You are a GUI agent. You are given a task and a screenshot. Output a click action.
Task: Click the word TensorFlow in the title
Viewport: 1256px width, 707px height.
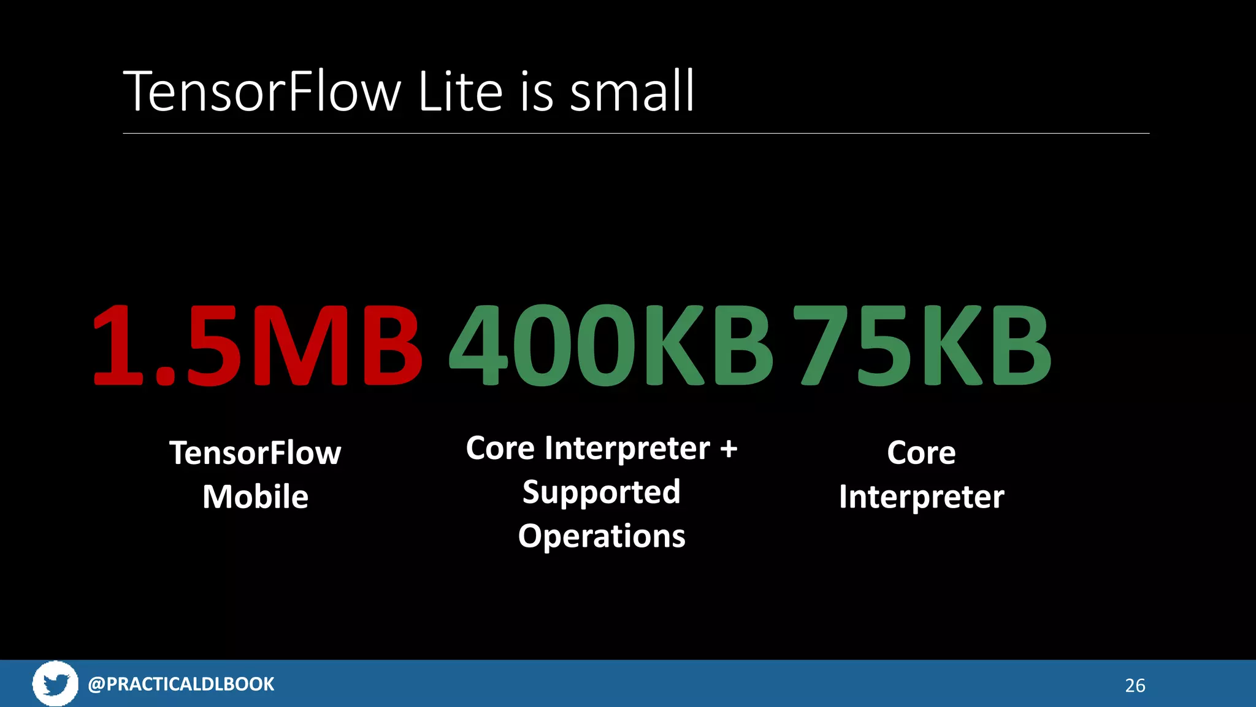[x=262, y=92]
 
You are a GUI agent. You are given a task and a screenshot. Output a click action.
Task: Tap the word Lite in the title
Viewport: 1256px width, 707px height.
[x=460, y=92]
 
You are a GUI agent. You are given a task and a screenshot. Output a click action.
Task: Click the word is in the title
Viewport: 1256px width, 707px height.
[x=537, y=92]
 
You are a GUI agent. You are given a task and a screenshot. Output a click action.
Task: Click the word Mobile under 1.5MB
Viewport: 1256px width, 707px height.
[x=255, y=496]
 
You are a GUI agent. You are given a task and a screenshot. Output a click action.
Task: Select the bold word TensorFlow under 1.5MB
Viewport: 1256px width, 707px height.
[x=255, y=453]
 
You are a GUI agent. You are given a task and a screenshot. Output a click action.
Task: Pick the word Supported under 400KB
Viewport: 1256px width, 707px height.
[x=601, y=492]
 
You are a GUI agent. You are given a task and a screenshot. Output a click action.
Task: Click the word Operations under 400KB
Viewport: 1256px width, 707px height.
[x=601, y=536]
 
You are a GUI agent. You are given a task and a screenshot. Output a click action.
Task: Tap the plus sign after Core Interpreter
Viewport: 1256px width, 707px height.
[x=729, y=449]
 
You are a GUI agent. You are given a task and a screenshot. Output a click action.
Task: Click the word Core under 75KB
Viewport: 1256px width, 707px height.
[x=921, y=453]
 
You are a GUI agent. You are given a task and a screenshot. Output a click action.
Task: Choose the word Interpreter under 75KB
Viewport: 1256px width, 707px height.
[x=921, y=496]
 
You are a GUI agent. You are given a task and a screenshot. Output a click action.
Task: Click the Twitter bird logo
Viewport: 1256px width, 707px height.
[x=55, y=683]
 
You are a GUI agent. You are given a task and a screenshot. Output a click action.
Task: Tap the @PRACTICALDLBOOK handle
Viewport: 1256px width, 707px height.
[x=181, y=684]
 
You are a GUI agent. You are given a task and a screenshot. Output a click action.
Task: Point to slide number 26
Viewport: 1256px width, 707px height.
[x=1135, y=686]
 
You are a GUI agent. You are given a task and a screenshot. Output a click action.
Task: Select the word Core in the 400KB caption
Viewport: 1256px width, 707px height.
[x=500, y=449]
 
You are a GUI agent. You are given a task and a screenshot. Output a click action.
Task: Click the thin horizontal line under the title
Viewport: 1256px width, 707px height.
[x=635, y=133]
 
